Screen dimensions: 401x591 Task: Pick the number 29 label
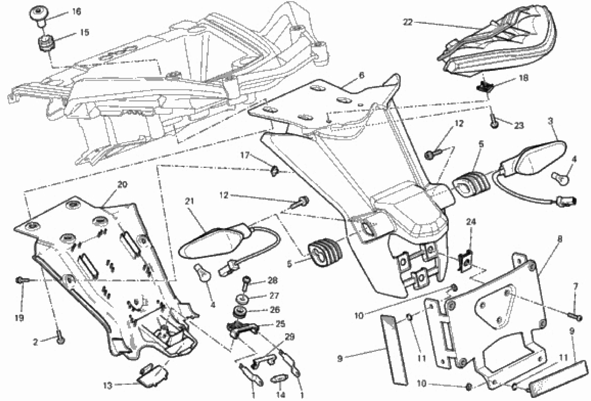coord(290,337)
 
